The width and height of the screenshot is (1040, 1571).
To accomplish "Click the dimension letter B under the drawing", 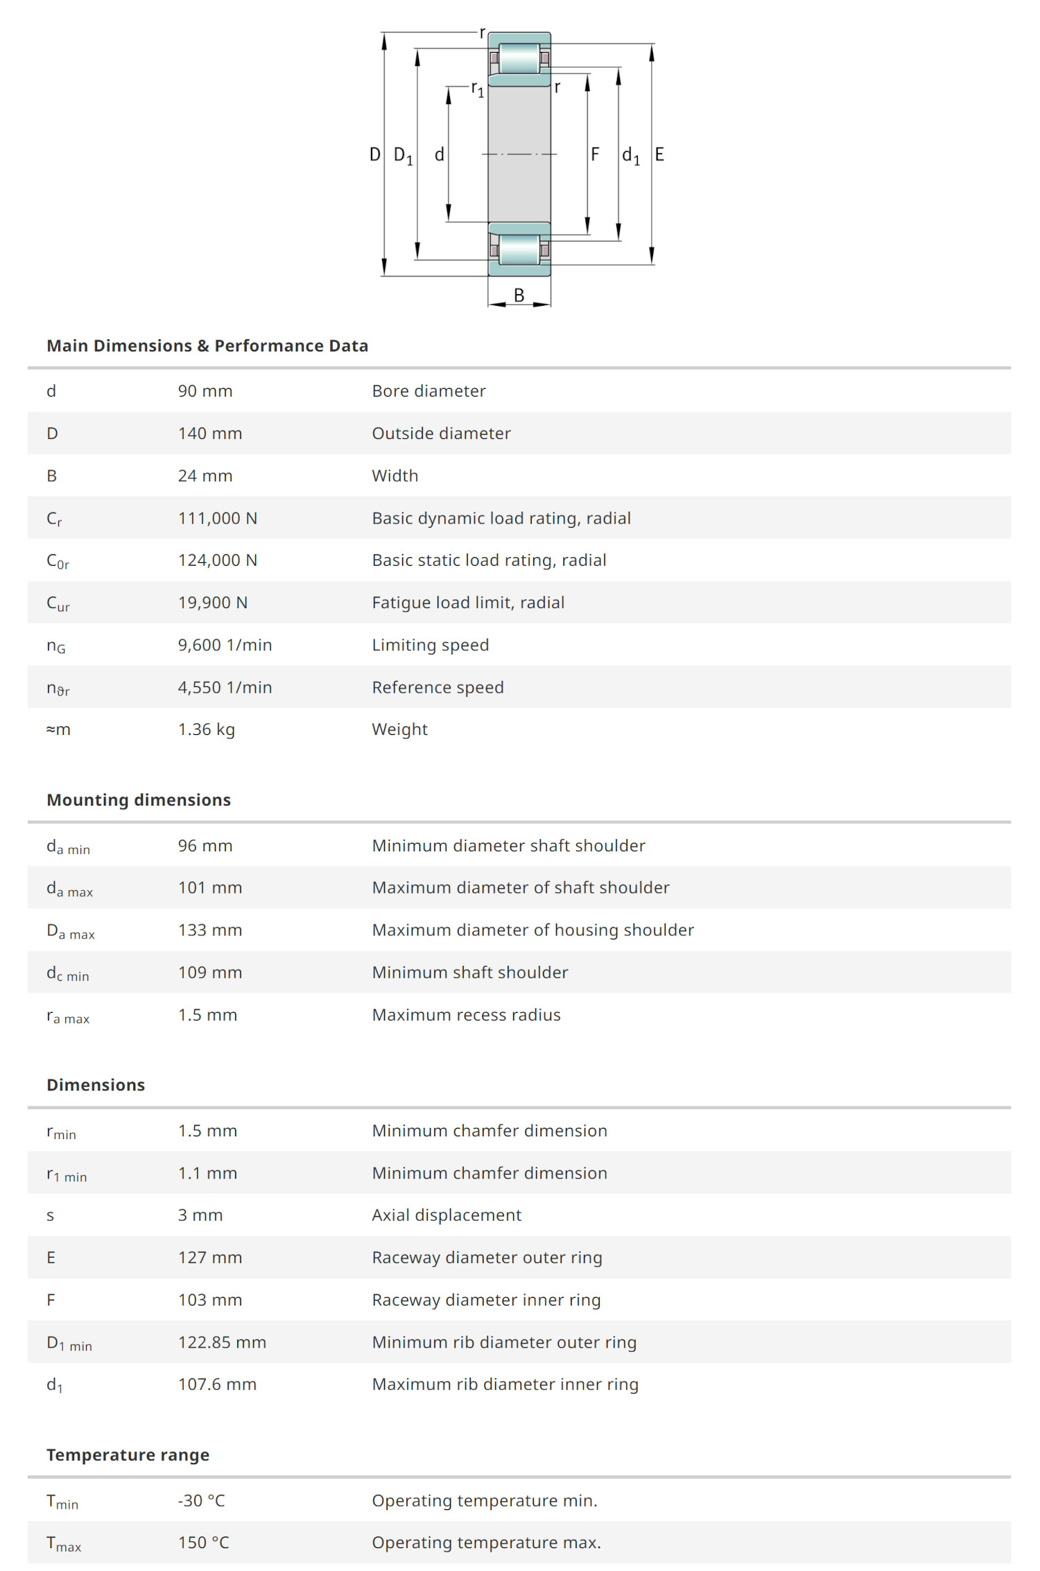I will tap(519, 295).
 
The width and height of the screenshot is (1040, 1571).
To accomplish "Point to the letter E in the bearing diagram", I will tap(659, 154).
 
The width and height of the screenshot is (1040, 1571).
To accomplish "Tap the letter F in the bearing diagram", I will tap(595, 154).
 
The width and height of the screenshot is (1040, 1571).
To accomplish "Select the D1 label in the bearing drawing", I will tap(403, 155).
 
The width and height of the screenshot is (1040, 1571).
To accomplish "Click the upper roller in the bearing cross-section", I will tap(519, 58).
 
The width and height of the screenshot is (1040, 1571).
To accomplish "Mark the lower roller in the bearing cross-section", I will tap(519, 250).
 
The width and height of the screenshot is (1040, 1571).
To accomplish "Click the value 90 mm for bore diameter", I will tap(205, 391).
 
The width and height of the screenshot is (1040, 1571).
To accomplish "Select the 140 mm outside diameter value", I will tap(210, 433).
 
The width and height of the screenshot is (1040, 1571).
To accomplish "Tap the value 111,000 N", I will tap(218, 518).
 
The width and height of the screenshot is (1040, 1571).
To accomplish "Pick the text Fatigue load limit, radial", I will tap(468, 602).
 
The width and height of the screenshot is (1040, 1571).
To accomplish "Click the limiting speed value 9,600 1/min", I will tap(225, 645).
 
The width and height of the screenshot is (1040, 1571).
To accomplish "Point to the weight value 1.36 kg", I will tap(207, 729).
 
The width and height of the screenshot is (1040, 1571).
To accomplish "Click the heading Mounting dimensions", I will tap(139, 800).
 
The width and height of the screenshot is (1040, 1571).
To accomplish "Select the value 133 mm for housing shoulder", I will tap(210, 930).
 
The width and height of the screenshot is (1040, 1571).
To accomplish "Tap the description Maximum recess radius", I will tap(466, 1015).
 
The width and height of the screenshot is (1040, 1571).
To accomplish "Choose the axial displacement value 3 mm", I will tap(200, 1215).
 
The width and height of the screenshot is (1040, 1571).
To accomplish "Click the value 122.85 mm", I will tap(222, 1342).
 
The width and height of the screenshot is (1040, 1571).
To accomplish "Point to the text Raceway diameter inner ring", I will tap(486, 1300).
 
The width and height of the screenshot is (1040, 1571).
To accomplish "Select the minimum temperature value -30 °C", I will tap(202, 1500).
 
